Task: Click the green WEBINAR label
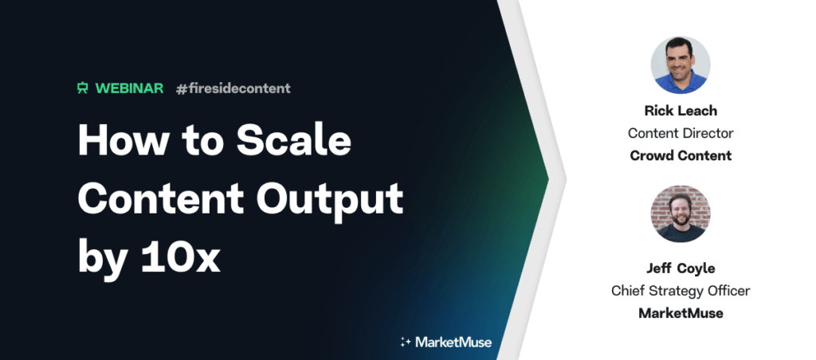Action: pos(130,88)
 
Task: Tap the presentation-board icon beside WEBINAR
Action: pos(82,88)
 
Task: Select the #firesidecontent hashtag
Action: pos(233,88)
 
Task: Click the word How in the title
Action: pos(120,139)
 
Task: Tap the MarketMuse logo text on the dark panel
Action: pos(453,342)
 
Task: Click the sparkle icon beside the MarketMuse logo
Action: pos(406,342)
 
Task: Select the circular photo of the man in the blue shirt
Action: pos(681,65)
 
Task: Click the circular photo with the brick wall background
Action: pos(681,213)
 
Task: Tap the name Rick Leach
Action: pos(681,111)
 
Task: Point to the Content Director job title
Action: pos(681,133)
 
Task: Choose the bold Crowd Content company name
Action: pos(681,155)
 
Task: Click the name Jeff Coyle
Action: pos(681,268)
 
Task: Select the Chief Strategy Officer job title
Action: pos(681,290)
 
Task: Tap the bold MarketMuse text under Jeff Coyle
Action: pos(681,313)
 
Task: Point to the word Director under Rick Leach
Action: pos(708,133)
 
